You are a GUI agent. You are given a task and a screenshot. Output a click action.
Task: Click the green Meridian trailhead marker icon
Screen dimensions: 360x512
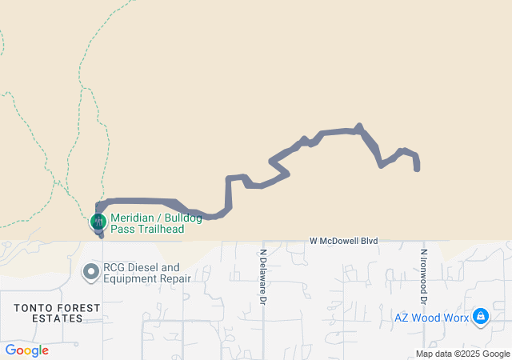(98, 220)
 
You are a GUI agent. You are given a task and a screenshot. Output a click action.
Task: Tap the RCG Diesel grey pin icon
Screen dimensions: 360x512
(91, 273)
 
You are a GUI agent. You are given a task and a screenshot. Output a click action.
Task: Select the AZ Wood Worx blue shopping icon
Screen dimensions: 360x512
(481, 317)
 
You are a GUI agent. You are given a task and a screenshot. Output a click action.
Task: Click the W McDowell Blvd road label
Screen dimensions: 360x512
(343, 239)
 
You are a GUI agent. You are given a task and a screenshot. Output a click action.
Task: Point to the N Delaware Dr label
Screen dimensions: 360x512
(262, 276)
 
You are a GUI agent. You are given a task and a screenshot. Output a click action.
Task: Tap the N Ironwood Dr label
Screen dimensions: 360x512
(424, 276)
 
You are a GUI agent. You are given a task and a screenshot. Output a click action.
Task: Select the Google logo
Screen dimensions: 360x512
(26, 350)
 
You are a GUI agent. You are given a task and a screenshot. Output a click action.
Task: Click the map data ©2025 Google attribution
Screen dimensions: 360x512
(462, 354)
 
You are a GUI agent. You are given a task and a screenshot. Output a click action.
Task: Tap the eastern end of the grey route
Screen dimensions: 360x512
(417, 168)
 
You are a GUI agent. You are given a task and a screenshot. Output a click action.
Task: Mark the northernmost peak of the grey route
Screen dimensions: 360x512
(359, 126)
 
